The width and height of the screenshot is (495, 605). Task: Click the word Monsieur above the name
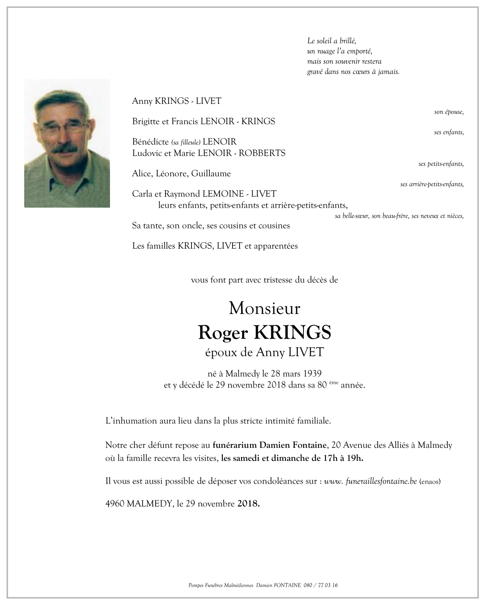tap(264, 308)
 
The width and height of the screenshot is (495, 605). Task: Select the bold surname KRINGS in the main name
tap(292, 333)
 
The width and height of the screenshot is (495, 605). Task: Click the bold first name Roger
tap(223, 333)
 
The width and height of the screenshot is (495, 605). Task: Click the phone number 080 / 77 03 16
tap(321, 585)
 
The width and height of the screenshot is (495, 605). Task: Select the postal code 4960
tap(114, 504)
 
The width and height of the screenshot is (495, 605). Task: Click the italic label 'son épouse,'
tap(449, 112)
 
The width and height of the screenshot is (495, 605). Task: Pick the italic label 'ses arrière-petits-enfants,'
tap(432, 184)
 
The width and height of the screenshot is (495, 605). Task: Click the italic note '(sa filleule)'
tap(185, 142)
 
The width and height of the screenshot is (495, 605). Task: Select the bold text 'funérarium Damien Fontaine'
tap(270, 445)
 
